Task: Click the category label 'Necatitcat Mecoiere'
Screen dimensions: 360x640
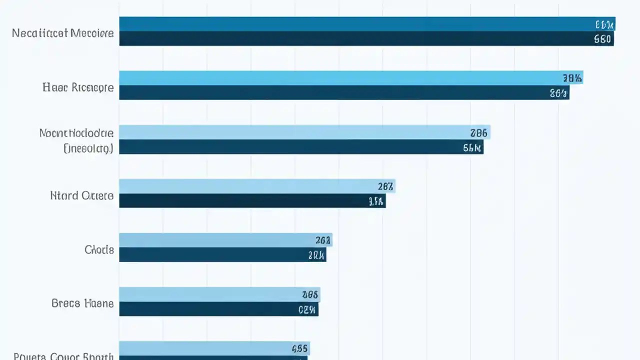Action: (x=63, y=33)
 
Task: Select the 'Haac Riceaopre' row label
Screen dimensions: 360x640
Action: (x=78, y=87)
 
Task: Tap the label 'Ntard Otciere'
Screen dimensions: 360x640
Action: (x=82, y=195)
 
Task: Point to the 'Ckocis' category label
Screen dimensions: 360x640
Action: (x=99, y=249)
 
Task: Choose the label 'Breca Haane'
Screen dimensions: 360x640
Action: (x=82, y=303)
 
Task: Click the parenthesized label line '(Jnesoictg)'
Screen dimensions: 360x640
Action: (x=88, y=148)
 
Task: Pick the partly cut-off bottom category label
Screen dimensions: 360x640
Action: (x=63, y=356)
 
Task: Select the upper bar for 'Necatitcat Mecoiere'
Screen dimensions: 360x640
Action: (x=350, y=24)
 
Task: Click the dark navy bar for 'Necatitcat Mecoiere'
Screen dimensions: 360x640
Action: (x=350, y=39)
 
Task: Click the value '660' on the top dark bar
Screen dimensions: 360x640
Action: (x=602, y=39)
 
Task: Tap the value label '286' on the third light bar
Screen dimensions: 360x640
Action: (x=478, y=133)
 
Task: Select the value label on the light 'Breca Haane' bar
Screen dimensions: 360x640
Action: (x=310, y=294)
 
